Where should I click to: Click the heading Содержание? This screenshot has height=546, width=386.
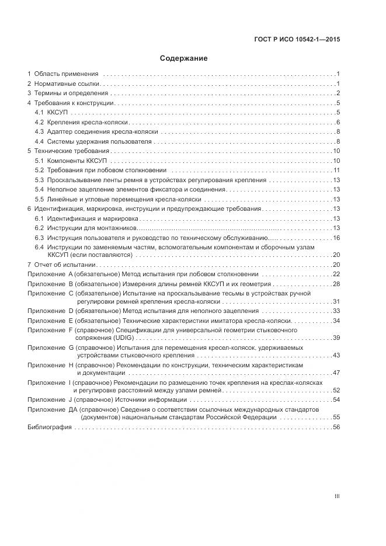pyautogui.click(x=183, y=58)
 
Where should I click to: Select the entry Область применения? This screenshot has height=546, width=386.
pyautogui.click(x=66, y=74)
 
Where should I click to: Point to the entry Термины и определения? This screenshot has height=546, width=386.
pyautogui.click(x=71, y=93)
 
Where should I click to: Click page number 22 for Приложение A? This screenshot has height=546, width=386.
pyautogui.click(x=336, y=274)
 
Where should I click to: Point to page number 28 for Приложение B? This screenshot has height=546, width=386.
pyautogui.click(x=336, y=284)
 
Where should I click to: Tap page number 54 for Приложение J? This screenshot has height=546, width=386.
pyautogui.click(x=336, y=400)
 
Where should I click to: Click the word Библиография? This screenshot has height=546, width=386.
pyautogui.click(x=50, y=427)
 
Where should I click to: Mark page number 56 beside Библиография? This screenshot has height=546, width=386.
pyautogui.click(x=336, y=427)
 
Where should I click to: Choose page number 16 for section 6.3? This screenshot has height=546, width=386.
pyautogui.click(x=336, y=237)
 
